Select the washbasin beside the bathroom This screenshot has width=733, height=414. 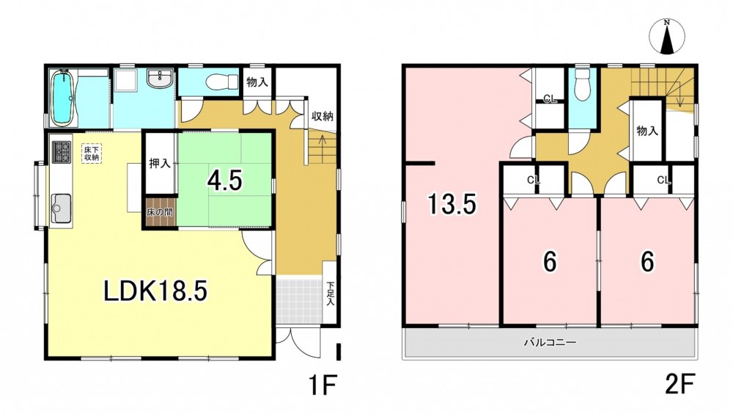160,79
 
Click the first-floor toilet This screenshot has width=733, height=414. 218,81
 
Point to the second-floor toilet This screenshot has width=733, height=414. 582,84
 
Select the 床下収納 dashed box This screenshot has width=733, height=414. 91,153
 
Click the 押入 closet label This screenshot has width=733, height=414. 159,164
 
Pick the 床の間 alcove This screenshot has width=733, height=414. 160,212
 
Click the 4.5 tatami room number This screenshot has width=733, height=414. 225,181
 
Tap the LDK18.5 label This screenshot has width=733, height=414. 155,291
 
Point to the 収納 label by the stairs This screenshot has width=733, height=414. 323,116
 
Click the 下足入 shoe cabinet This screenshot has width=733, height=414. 330,293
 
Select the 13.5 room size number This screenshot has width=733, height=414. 452,204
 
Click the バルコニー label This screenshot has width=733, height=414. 550,342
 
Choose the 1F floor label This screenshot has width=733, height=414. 322,385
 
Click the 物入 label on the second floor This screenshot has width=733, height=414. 647,131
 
